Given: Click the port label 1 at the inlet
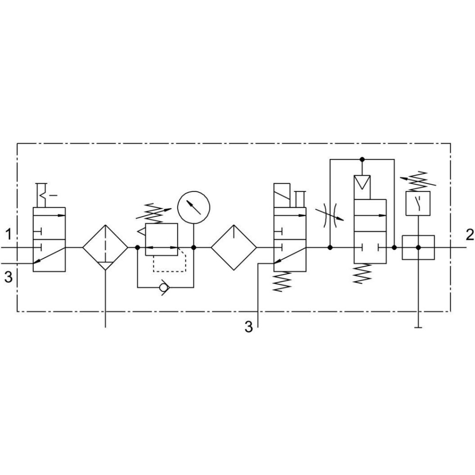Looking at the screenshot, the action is pos(9,234).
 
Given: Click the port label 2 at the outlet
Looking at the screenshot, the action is pos(470,235).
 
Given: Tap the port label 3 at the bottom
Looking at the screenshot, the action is pos(249,327).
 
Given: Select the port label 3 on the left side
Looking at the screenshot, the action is pos(9,277).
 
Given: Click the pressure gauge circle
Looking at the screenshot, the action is pos(194,208).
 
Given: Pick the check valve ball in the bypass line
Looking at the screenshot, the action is pos(164,287).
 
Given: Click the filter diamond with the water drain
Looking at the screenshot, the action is pos(105,247).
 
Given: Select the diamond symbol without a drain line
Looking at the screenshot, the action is pos(234,247).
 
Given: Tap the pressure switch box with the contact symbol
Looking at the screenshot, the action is pos(418,203).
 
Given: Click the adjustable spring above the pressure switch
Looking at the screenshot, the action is pos(418,181).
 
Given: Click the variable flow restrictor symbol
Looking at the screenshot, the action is pos(330,215).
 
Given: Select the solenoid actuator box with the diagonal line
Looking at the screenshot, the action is pos(282,195).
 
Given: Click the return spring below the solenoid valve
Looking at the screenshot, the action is pos(282,281).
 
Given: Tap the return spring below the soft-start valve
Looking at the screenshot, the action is pos(362,273).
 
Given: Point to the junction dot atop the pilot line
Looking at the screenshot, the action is pos(362,159).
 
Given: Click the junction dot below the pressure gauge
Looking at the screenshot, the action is pos(194,247).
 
